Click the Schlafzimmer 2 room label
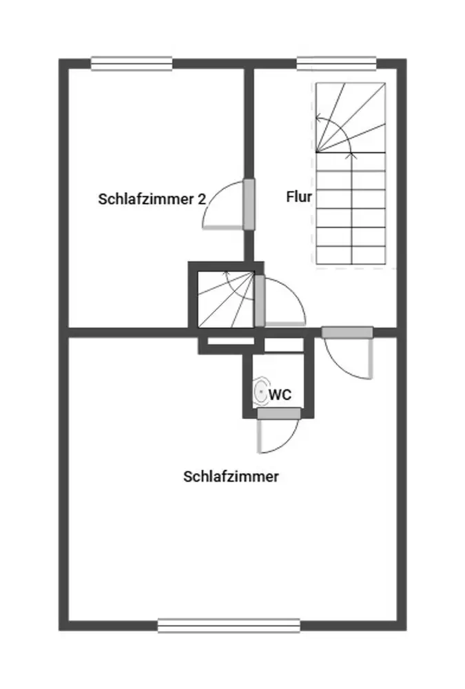[x=152, y=199]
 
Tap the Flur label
[x=299, y=196]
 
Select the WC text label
[x=280, y=395]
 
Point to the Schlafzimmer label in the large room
[x=231, y=477]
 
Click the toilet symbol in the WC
[x=260, y=391]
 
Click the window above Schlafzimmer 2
[x=132, y=63]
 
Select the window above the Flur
[x=337, y=63]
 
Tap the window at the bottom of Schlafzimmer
[x=229, y=626]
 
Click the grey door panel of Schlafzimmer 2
[x=249, y=204]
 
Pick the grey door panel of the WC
[x=279, y=413]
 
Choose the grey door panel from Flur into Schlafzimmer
[x=347, y=332]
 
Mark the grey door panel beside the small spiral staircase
[x=260, y=300]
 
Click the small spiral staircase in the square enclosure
[x=226, y=299]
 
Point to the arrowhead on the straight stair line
[x=351, y=155]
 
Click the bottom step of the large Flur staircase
[x=351, y=256]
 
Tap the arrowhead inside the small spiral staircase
[x=227, y=275]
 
